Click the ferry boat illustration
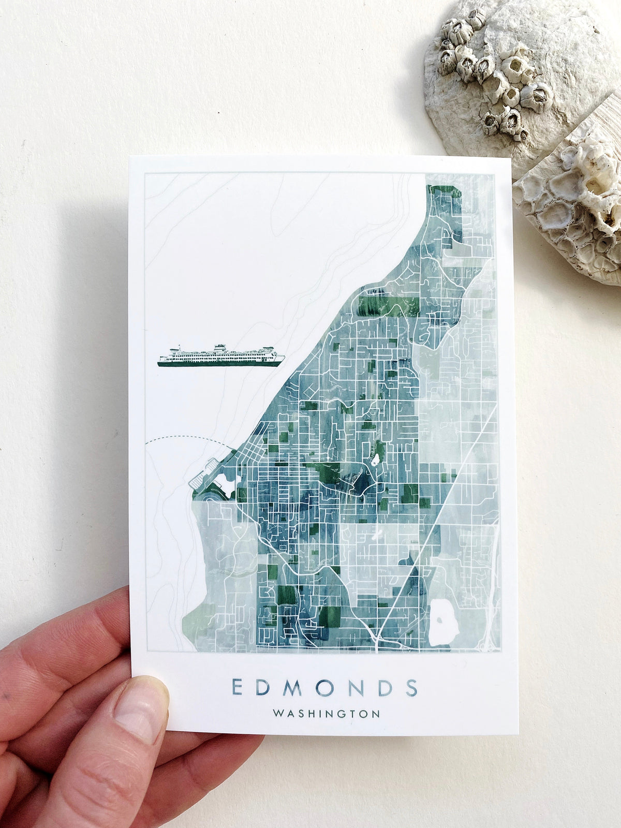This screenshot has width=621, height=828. point(221,356)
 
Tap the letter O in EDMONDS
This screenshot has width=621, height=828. point(324,687)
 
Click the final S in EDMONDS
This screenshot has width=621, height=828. point(411,687)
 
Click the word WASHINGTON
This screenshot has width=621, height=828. point(326,714)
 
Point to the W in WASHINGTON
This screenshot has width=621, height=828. point(278,714)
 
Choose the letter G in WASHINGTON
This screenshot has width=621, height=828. point(345,714)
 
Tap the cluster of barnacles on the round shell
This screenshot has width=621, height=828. point(492,72)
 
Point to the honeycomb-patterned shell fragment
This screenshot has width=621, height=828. point(574,202)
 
